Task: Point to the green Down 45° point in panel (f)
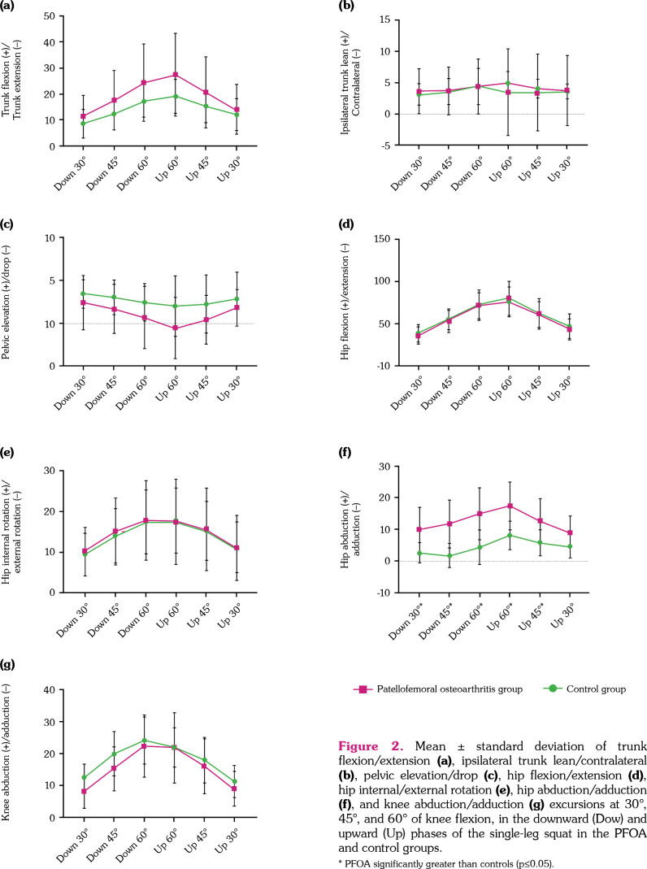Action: (448, 556)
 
